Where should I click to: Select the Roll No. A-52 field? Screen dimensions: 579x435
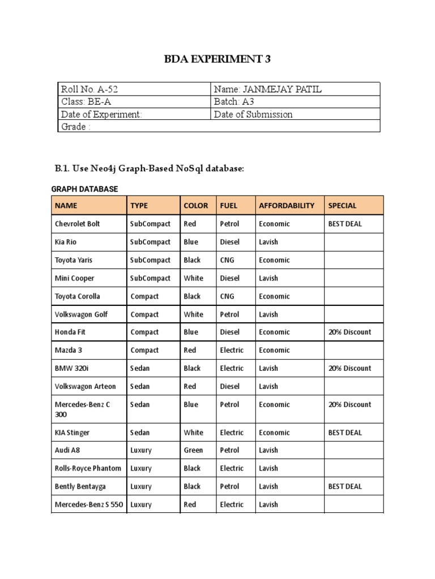click(89, 89)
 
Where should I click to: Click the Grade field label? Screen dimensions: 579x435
click(75, 127)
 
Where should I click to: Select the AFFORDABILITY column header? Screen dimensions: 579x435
click(286, 205)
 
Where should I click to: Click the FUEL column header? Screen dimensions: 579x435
click(229, 205)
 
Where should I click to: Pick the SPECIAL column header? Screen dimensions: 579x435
click(342, 205)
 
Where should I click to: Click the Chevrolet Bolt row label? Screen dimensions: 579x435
click(77, 224)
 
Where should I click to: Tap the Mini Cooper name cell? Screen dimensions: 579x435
click(74, 278)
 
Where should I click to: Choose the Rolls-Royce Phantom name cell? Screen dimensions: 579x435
click(87, 468)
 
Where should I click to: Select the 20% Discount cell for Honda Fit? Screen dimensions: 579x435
click(349, 332)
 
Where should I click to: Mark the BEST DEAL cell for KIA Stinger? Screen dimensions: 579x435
click(344, 433)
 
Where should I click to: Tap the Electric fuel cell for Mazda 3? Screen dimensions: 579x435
click(232, 350)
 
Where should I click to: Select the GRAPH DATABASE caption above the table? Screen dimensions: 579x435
click(84, 189)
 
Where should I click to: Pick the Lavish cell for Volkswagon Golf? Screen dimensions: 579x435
click(268, 314)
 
